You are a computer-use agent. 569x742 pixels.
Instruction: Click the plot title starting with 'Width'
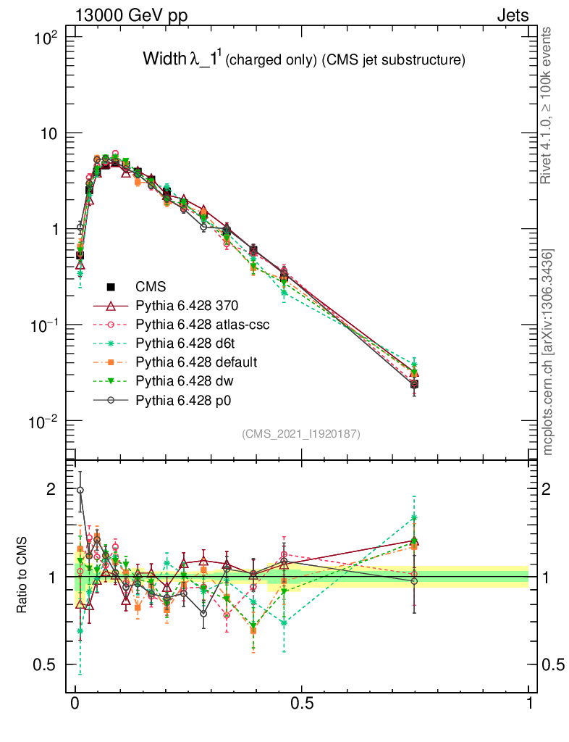303,60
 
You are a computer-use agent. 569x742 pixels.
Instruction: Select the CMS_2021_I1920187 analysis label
301,433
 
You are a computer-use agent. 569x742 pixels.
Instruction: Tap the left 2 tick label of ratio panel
51,490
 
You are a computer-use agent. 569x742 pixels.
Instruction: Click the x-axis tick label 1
528,703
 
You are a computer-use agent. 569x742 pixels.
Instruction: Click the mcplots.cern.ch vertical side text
547,351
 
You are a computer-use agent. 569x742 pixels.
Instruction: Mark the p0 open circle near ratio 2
80,490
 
